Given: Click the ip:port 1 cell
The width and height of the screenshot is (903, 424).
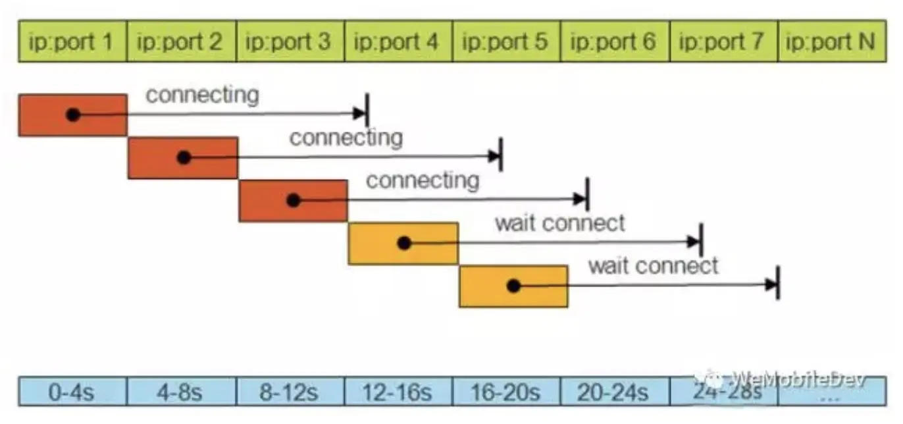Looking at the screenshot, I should point(72,41).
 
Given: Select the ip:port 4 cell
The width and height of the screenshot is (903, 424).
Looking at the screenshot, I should point(398,41).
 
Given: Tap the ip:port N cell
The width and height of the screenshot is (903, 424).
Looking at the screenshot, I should point(831,41).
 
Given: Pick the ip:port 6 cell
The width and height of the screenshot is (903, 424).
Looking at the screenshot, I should point(614,41).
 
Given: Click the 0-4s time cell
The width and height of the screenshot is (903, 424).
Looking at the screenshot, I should point(72,393).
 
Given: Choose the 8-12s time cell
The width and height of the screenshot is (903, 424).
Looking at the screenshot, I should point(290,393).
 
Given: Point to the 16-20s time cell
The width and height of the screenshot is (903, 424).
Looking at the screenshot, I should point(506,393).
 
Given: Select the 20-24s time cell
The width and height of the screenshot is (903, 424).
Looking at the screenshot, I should point(614,393).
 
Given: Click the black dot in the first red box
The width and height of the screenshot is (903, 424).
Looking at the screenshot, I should point(73,115).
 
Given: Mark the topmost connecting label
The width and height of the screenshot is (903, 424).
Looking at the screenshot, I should point(202,95).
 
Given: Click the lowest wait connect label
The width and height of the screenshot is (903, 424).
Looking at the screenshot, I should point(653,266).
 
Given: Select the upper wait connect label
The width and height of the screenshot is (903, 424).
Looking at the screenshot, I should point(559,223).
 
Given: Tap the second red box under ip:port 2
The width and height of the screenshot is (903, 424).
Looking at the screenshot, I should point(182,157).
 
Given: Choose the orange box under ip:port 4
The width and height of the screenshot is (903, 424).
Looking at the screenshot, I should point(402,244).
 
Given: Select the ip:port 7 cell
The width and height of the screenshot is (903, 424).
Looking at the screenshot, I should point(723,41).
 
